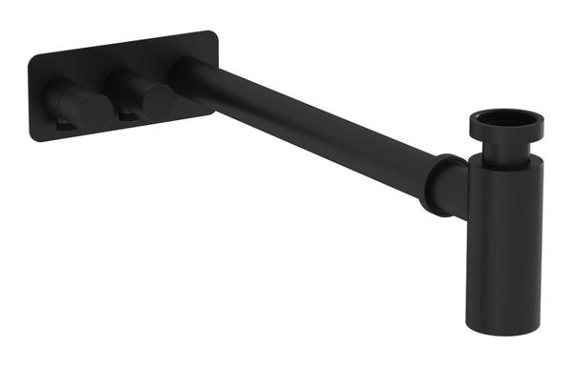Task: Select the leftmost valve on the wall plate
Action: pyautogui.click(x=71, y=100)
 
